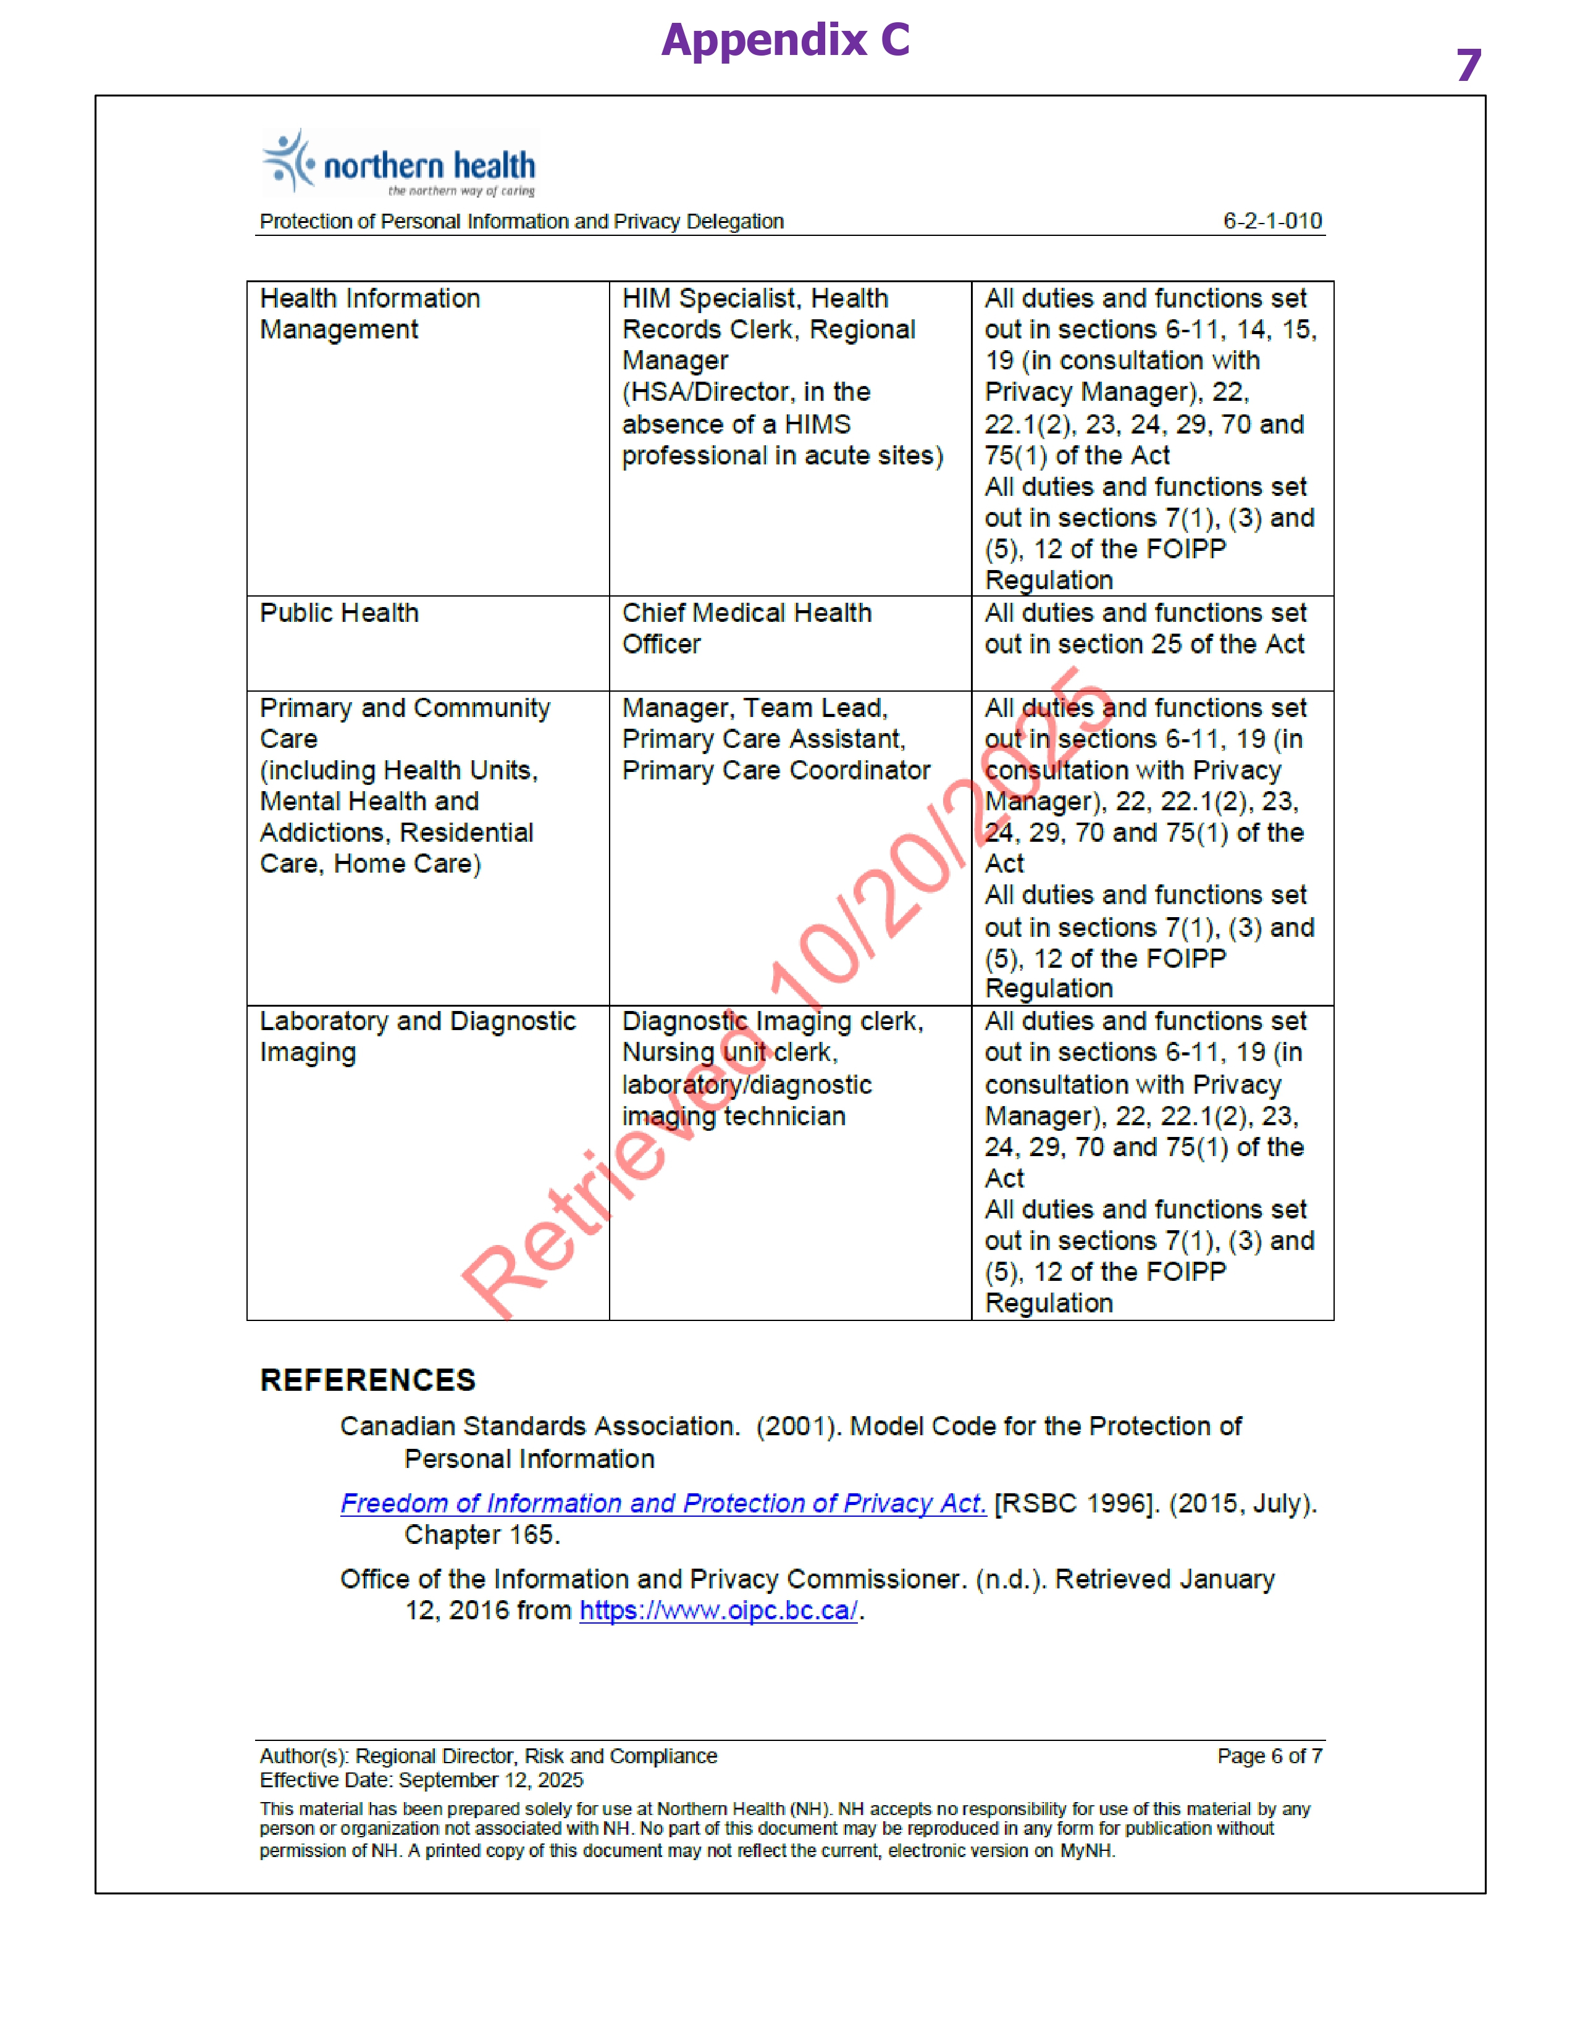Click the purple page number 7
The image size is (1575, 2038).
coord(1469,65)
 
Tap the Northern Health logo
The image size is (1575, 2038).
coord(400,163)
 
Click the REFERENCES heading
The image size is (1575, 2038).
coord(367,1380)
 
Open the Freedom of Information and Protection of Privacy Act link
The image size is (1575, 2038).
coord(663,1503)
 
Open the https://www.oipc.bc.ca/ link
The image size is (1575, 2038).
coord(718,1611)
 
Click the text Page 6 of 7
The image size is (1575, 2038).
coord(1269,1756)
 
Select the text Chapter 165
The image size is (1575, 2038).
coord(482,1535)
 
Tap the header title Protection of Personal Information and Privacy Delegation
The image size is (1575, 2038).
coord(521,221)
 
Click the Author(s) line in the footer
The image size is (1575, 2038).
coord(488,1756)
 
